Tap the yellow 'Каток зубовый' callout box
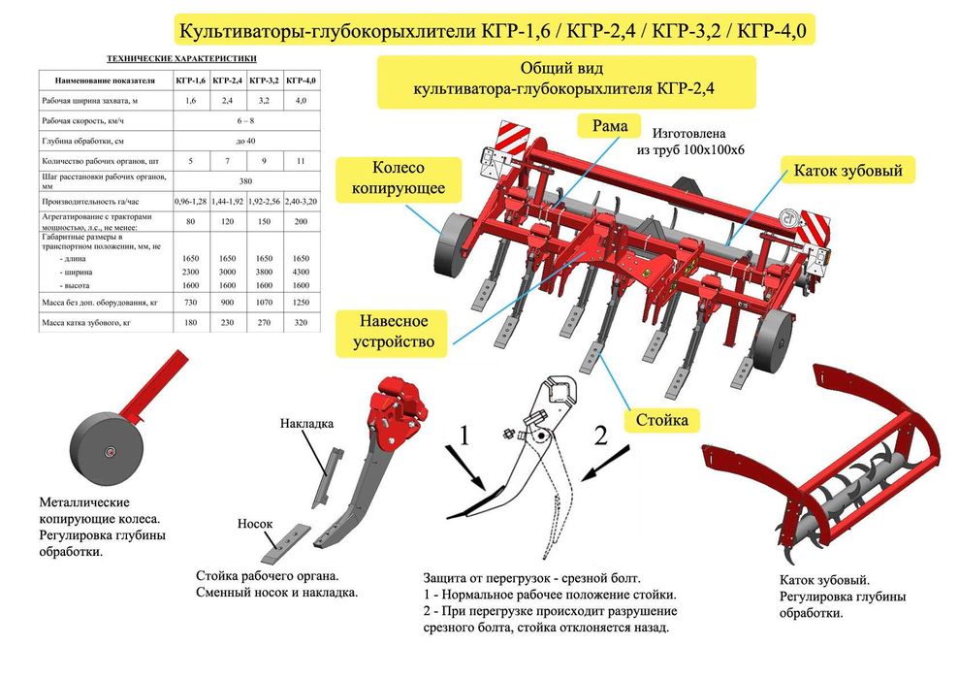(847, 171)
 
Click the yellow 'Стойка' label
(662, 420)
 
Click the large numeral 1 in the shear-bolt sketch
(464, 436)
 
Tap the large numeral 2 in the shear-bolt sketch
(599, 436)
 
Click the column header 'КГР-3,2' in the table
(265, 80)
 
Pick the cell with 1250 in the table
(301, 304)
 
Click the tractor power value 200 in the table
(301, 221)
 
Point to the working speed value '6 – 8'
(245, 120)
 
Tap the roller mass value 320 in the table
(301, 322)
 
